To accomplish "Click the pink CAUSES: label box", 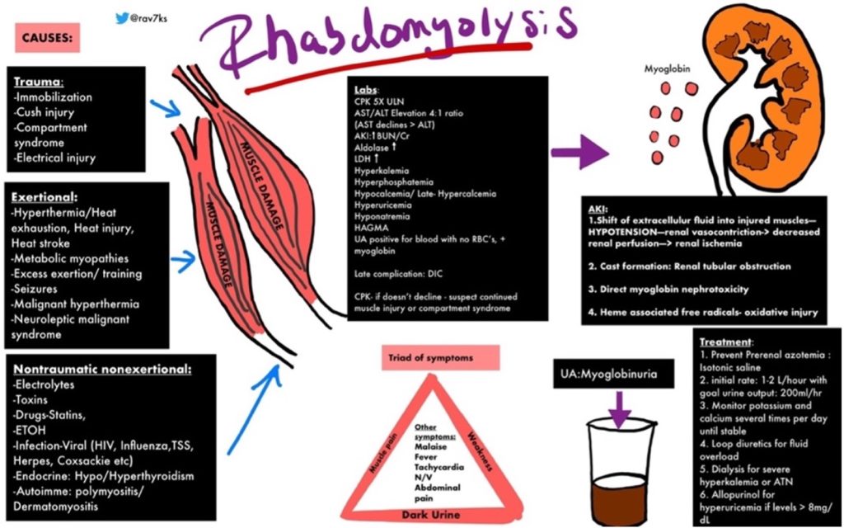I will [x=46, y=38].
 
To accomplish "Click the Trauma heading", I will [x=39, y=82].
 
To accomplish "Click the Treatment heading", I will [x=726, y=342].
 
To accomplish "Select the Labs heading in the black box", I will [x=366, y=88].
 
